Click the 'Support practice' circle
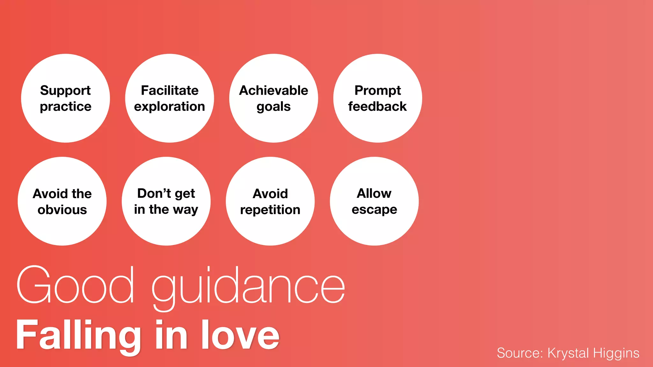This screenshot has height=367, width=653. (65, 98)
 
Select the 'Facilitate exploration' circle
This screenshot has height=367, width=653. (169, 98)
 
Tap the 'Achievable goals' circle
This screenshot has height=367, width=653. (274, 98)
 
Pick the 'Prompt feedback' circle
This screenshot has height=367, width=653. (378, 98)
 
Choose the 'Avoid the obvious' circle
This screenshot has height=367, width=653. (62, 201)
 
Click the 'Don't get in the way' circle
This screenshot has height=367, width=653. (166, 201)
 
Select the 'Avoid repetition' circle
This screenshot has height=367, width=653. (270, 201)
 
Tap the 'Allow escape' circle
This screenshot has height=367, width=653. (374, 201)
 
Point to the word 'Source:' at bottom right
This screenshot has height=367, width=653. (520, 353)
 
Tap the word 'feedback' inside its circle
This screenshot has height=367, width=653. (378, 106)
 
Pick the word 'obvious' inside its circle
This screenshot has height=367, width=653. (62, 210)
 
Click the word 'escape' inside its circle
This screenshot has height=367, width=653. (374, 210)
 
